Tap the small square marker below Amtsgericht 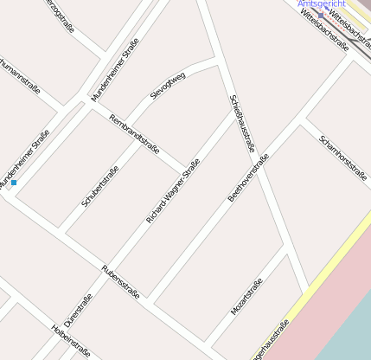(x=320, y=16)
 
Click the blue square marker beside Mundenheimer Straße (x=14, y=183)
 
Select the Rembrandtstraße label (x=134, y=133)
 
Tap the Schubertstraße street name (x=100, y=185)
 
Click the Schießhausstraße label (x=242, y=123)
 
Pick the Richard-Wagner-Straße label (x=173, y=191)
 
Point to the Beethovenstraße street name (x=248, y=177)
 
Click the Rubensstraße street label (x=121, y=282)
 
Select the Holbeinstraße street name (x=70, y=341)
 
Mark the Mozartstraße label (x=246, y=297)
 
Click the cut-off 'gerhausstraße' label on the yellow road (x=269, y=342)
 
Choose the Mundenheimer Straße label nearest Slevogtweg (x=115, y=75)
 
